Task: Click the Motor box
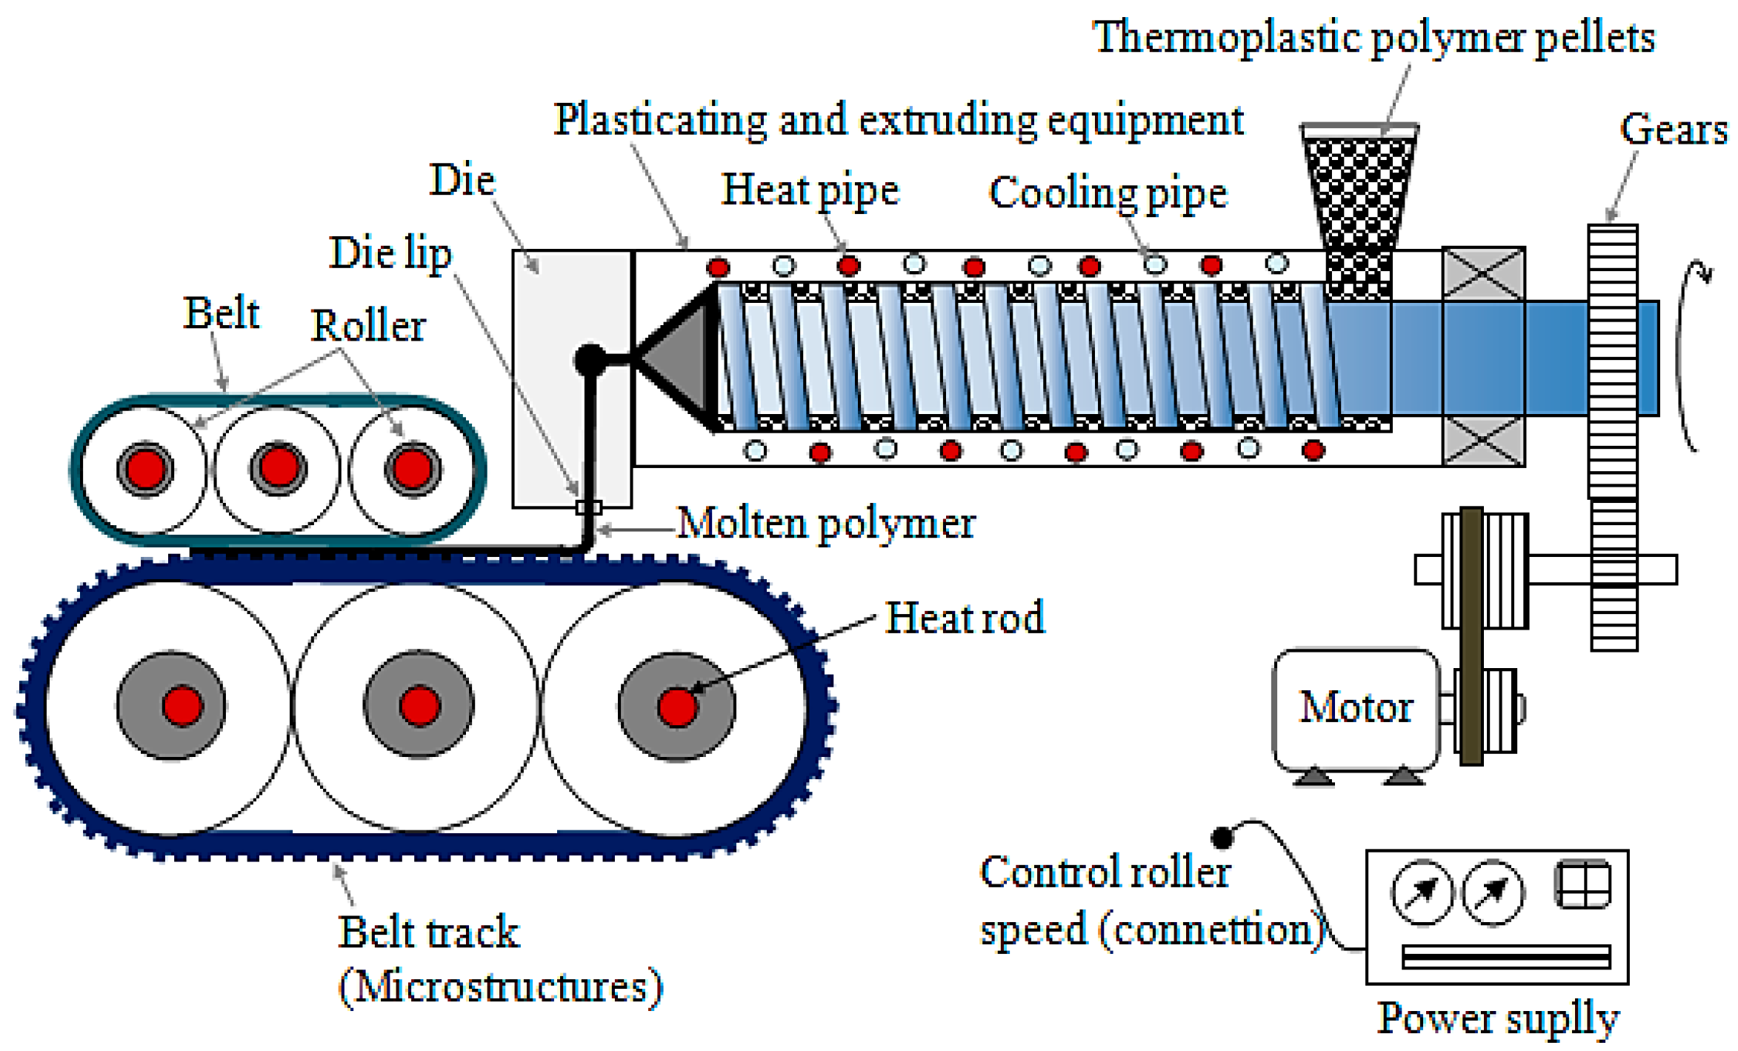pyautogui.click(x=1354, y=709)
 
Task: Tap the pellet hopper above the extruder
pyautogui.click(x=1359, y=193)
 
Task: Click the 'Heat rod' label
pyautogui.click(x=965, y=618)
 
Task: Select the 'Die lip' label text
pyautogui.click(x=390, y=253)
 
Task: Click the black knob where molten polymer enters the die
pyautogui.click(x=590, y=359)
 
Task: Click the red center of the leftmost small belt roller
pyautogui.click(x=145, y=468)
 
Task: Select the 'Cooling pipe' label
pyautogui.click(x=1108, y=194)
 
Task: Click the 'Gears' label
pyautogui.click(x=1673, y=130)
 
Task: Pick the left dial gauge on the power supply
pyautogui.click(x=1422, y=892)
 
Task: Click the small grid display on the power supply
pyautogui.click(x=1582, y=884)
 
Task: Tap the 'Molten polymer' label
pyautogui.click(x=825, y=524)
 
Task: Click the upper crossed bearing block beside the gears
pyautogui.click(x=1483, y=273)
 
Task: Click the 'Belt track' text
pyautogui.click(x=428, y=932)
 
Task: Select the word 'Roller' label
pyautogui.click(x=367, y=326)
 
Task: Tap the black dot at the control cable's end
pyautogui.click(x=1222, y=838)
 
